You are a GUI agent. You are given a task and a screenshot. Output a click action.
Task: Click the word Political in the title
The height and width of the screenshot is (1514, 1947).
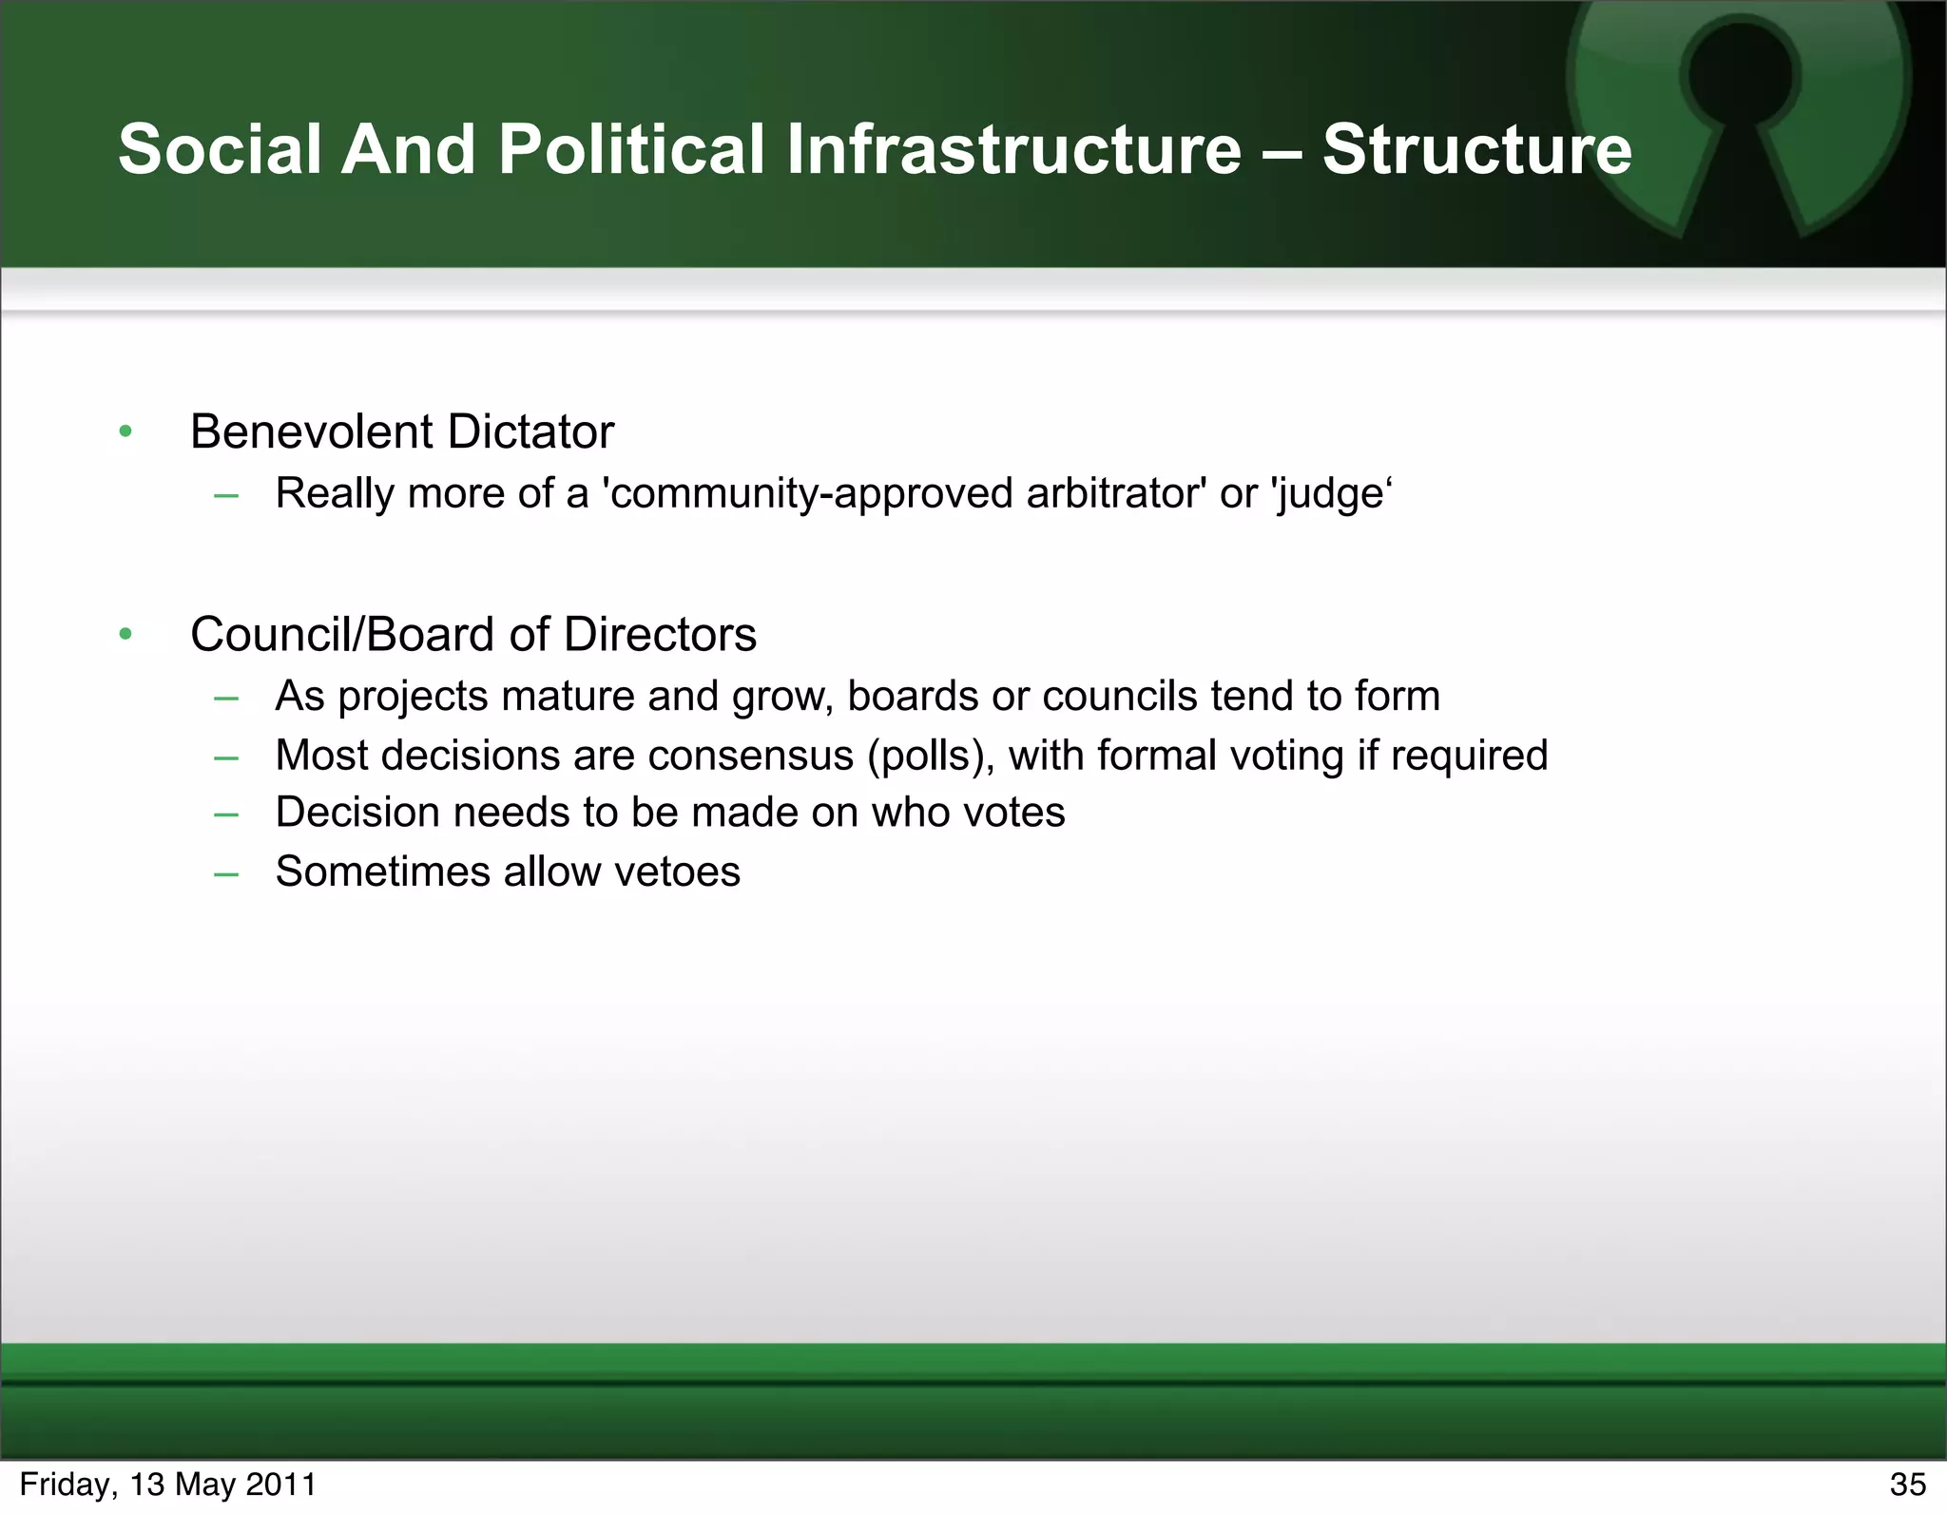click(631, 149)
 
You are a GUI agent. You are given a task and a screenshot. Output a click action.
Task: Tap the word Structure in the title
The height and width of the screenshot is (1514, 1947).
click(1476, 149)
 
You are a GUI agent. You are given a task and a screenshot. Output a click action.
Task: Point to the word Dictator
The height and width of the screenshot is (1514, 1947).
click(530, 431)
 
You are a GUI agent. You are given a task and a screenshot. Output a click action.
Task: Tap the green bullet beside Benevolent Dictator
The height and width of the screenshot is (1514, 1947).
click(125, 432)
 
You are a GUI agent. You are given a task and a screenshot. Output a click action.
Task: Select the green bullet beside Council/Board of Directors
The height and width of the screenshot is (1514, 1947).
click(125, 634)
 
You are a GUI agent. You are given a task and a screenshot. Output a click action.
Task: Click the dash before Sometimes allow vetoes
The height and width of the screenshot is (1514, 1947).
click(226, 872)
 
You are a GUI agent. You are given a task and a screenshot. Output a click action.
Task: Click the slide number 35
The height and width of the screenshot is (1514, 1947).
click(1907, 1485)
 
